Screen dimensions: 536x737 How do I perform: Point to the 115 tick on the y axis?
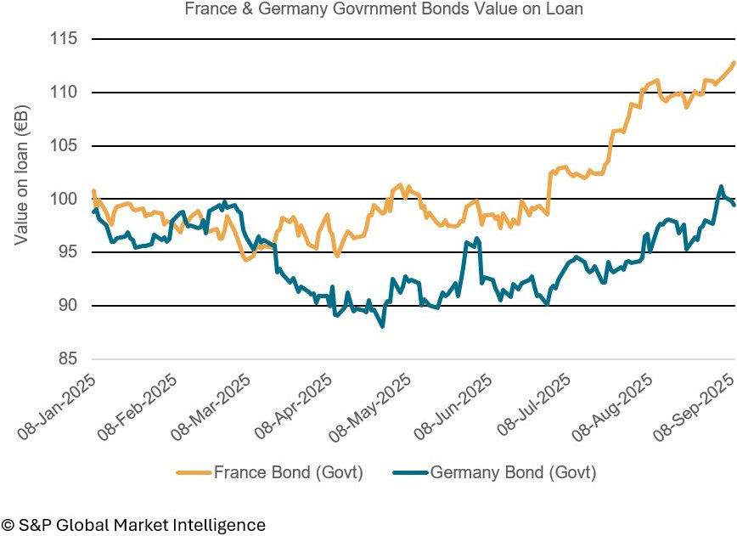point(64,39)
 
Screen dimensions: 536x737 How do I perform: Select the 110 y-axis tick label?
point(64,93)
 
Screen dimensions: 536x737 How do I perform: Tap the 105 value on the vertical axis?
point(64,146)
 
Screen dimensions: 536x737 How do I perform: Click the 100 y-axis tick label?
point(64,199)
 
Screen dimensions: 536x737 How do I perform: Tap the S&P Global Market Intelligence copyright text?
point(133,525)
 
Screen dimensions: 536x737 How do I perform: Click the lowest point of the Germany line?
point(383,326)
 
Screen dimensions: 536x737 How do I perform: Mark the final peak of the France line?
point(734,62)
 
